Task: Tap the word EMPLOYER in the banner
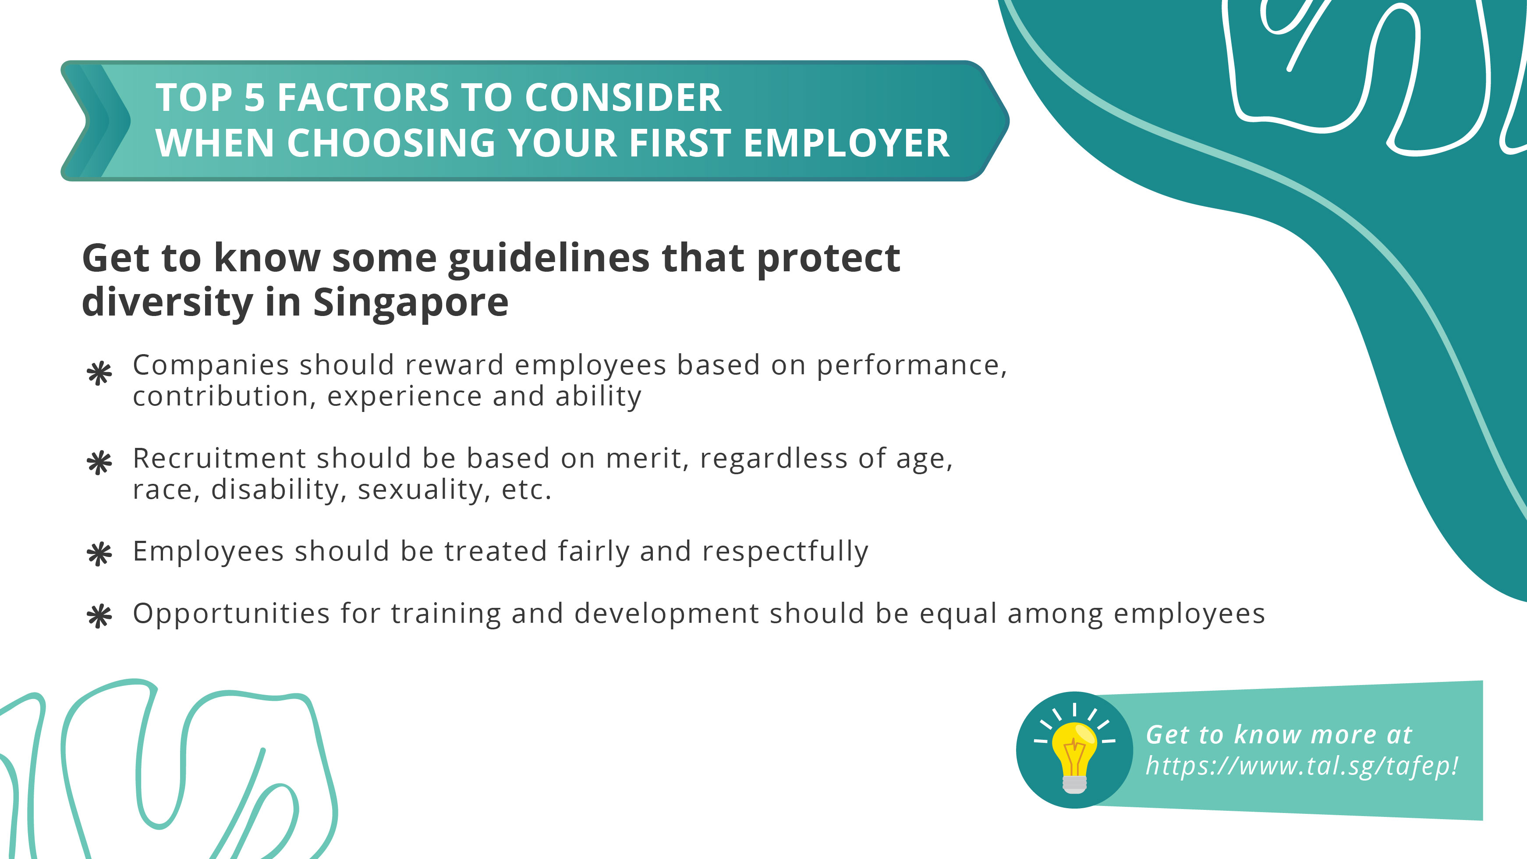coord(846,144)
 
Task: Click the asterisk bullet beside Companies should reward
coord(99,373)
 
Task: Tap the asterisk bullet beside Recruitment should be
coord(99,463)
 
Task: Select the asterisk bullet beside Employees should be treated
coord(99,554)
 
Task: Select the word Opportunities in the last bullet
coord(231,614)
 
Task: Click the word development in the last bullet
coord(667,614)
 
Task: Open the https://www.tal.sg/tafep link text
coord(1301,767)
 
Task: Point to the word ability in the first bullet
coord(598,397)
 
